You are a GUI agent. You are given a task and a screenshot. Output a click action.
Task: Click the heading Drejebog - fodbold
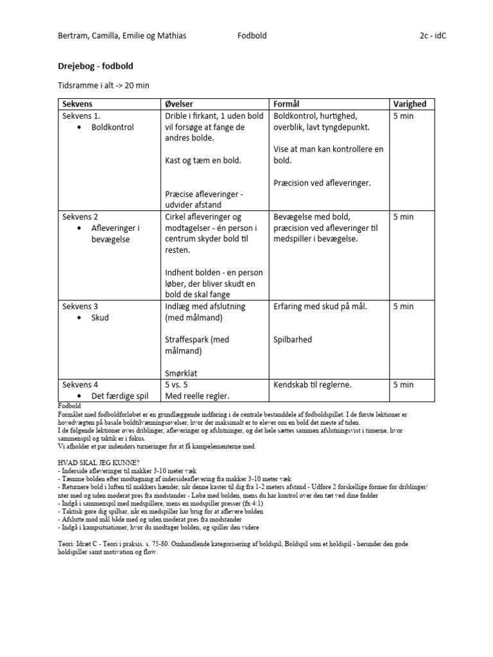click(96, 66)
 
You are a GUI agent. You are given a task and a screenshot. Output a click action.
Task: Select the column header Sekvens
click(77, 104)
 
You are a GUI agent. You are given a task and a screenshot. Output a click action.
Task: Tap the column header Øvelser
click(179, 104)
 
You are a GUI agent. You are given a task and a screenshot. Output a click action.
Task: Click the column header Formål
click(287, 104)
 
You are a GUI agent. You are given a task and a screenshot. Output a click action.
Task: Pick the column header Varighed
click(409, 104)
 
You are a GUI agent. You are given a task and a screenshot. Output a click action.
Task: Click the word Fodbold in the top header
click(252, 36)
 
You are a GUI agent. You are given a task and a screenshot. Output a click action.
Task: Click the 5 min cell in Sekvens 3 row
click(403, 307)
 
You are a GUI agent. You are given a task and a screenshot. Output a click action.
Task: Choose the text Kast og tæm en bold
click(203, 160)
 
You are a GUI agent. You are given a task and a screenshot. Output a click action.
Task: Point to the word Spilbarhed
click(293, 339)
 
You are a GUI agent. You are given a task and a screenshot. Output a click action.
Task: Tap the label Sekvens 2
click(80, 217)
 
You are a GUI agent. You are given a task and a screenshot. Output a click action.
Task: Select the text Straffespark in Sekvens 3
click(189, 339)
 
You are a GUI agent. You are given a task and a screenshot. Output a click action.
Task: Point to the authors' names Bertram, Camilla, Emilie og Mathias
click(122, 36)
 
